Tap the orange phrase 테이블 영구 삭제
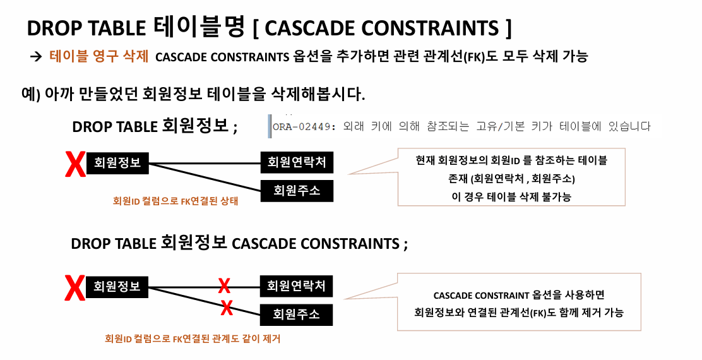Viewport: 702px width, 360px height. point(98,56)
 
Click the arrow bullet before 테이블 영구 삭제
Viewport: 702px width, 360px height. point(35,56)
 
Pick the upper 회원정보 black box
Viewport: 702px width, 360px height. point(117,163)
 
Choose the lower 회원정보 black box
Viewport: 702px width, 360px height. point(117,286)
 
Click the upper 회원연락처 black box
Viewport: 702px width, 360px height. point(296,163)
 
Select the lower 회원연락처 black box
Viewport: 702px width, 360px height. point(296,286)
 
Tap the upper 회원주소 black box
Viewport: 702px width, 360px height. point(296,190)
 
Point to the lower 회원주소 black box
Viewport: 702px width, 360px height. point(296,313)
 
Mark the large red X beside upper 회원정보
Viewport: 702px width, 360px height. point(75,165)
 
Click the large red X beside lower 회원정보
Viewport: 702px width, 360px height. point(75,289)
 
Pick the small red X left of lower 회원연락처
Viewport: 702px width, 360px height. point(223,286)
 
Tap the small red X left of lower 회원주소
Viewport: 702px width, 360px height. point(227,308)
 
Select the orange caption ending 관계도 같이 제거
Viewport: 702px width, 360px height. point(193,339)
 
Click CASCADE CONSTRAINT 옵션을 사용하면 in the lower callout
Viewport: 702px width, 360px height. point(519,296)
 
